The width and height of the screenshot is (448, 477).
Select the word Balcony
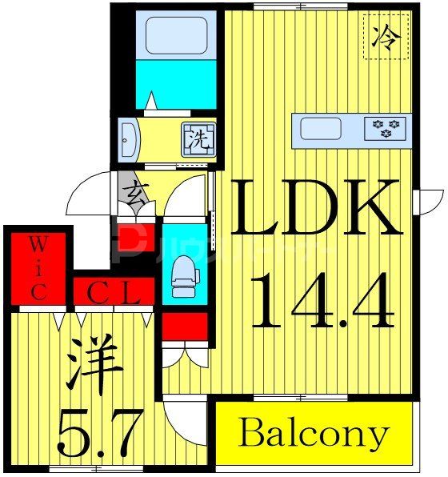click(x=313, y=435)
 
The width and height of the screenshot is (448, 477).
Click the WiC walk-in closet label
click(x=38, y=267)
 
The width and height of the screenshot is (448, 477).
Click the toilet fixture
click(x=184, y=276)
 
